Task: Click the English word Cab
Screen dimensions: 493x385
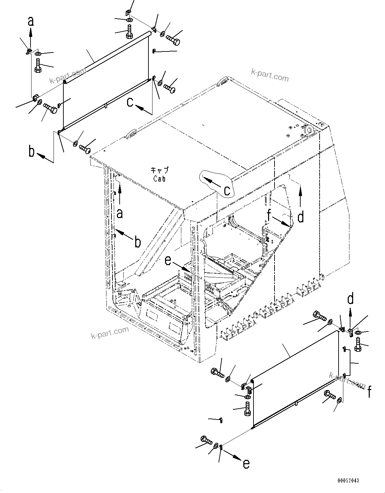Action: tap(159, 179)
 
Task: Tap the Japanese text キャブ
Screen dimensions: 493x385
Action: tap(159, 170)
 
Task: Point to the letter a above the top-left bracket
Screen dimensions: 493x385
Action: tap(31, 21)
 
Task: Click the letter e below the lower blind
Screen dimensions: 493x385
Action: tap(246, 463)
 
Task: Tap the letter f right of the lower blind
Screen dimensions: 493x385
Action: tap(371, 392)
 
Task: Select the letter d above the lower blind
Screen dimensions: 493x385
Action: tap(351, 299)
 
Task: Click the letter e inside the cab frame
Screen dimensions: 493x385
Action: tap(168, 260)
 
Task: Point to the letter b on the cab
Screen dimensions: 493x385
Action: tap(138, 242)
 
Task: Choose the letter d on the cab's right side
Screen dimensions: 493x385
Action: tap(301, 217)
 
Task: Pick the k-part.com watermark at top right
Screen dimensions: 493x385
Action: tap(270, 75)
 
